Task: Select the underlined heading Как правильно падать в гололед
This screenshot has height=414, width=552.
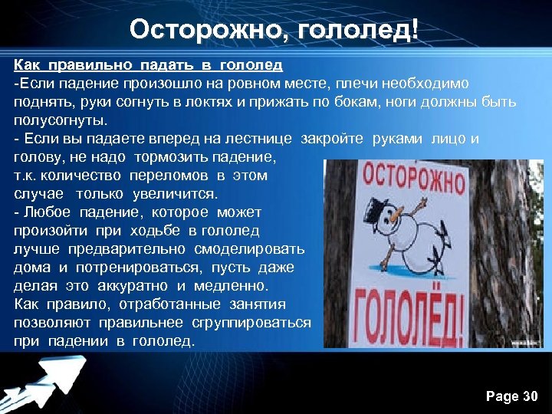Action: coord(148,64)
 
